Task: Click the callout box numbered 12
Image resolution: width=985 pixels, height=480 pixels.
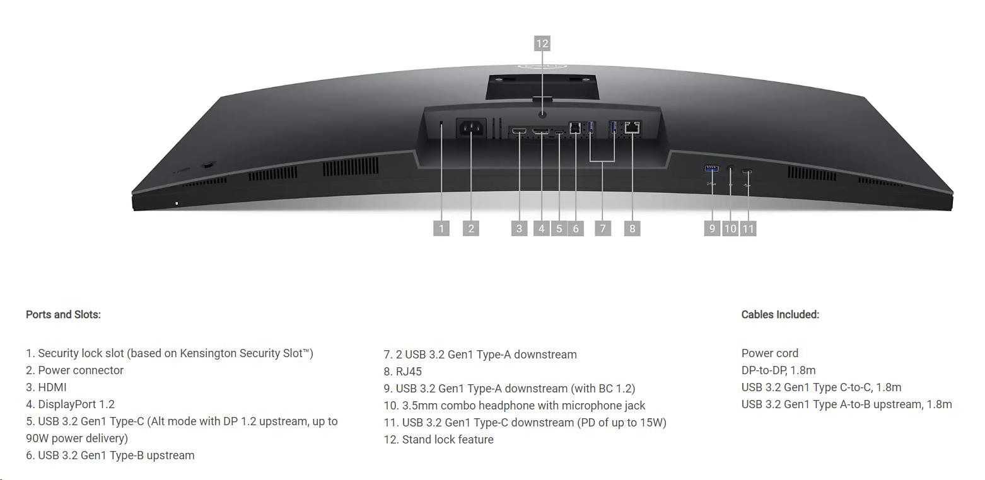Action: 542,43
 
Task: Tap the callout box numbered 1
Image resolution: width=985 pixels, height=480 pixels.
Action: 441,229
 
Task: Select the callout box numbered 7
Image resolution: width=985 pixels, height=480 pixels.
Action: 603,229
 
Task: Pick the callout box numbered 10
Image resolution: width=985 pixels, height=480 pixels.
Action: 730,229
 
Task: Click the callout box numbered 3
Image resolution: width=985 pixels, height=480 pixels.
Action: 520,229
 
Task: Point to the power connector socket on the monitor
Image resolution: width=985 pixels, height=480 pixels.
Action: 472,128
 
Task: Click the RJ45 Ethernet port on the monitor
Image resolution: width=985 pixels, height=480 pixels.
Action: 632,127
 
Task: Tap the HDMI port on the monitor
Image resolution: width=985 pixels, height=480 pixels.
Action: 520,130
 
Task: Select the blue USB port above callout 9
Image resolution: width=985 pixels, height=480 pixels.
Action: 711,169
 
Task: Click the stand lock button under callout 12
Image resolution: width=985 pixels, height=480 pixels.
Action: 542,114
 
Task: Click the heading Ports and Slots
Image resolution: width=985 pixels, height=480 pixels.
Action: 63,314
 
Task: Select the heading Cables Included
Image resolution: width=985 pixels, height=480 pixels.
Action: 780,314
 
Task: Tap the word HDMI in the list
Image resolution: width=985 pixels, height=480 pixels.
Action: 52,387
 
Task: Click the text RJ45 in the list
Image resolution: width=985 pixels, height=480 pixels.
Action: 409,372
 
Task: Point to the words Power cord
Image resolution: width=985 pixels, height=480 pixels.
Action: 769,353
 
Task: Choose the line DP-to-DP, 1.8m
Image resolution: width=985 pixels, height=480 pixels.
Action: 778,370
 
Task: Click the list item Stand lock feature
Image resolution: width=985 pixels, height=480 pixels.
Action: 448,440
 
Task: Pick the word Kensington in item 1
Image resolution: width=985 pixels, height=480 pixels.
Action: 208,353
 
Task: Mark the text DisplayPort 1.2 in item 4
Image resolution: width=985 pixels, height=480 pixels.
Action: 76,404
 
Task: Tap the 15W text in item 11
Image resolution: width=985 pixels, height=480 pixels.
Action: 653,423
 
